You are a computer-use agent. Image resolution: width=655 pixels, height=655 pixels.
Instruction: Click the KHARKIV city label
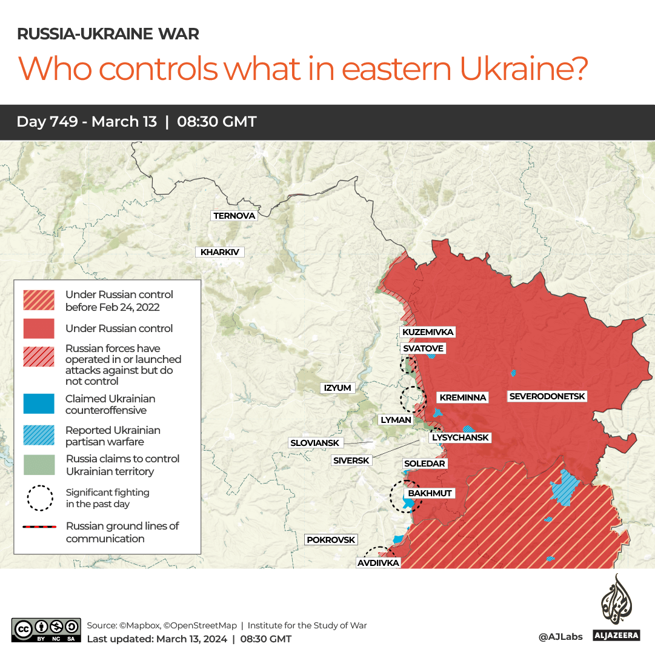(219, 252)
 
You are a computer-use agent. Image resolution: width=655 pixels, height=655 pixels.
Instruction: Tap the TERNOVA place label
(234, 216)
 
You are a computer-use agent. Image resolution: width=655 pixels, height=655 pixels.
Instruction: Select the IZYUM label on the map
(337, 388)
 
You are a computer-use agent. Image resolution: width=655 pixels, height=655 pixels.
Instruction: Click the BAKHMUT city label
(430, 493)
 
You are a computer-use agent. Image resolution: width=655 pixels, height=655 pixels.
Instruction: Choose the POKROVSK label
(331, 539)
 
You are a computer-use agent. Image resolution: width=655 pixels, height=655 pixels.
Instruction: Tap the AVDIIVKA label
(378, 563)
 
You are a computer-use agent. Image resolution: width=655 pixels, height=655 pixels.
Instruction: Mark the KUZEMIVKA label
(428, 332)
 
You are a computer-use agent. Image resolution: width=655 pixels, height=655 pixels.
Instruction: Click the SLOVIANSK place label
(315, 443)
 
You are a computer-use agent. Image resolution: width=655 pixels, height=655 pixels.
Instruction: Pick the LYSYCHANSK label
(460, 437)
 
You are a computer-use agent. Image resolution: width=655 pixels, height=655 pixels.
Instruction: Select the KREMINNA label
(463, 397)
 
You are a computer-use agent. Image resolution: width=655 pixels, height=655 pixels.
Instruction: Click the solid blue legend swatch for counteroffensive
(39, 404)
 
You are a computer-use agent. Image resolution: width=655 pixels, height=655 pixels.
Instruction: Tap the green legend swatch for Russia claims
(39, 465)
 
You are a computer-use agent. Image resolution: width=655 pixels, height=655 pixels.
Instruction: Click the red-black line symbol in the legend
(39, 527)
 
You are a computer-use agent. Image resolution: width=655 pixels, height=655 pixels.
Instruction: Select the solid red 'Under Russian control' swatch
(39, 328)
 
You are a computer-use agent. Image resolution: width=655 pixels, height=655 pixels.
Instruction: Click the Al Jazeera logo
(616, 608)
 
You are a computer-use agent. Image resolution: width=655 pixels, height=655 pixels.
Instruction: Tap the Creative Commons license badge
(46, 630)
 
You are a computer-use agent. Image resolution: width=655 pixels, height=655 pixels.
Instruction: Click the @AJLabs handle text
(560, 636)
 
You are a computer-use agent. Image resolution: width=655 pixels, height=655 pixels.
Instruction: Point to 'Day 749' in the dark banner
(47, 122)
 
